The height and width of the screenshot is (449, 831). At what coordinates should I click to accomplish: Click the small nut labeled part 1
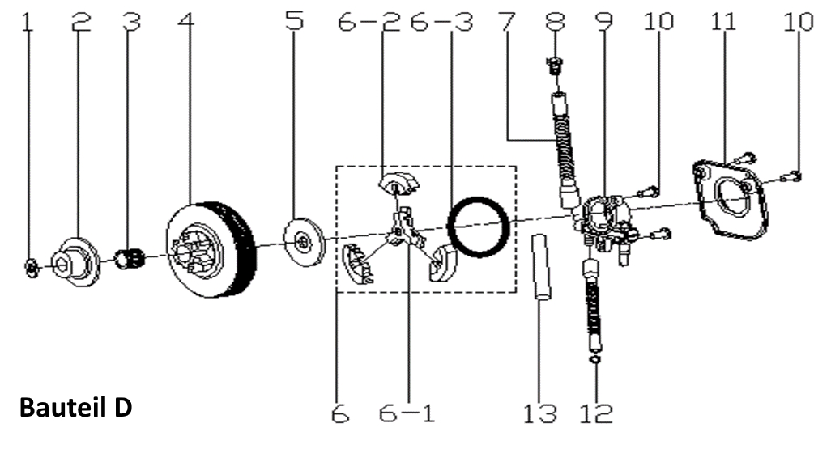coord(29,268)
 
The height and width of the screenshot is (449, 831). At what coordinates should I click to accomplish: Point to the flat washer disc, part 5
coord(303,239)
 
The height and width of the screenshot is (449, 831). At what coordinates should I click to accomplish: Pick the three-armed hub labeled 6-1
coord(402,230)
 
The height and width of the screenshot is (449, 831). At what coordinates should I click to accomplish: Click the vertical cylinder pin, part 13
coord(540,268)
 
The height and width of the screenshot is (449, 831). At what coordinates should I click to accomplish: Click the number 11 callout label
coord(722,22)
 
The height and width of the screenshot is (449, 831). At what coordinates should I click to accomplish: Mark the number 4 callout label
coord(187,22)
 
